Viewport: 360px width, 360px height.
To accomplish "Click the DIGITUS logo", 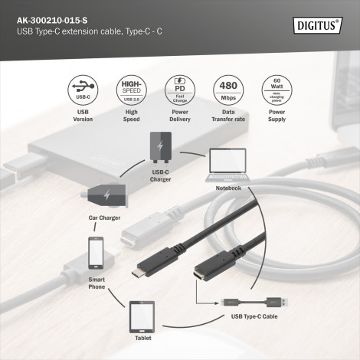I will (318, 25).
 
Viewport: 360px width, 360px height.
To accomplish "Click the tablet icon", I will (142, 314).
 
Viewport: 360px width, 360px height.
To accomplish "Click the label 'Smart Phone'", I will (97, 283).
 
